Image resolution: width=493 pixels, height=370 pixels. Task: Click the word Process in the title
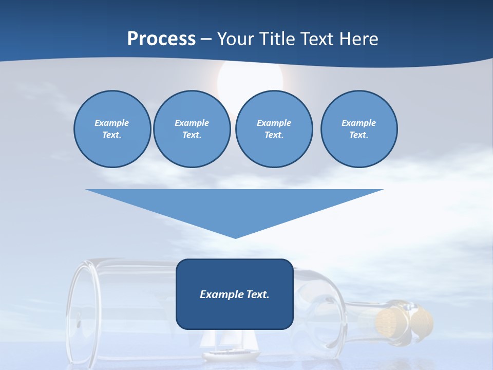[161, 39]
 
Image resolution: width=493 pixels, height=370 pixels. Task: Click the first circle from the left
[112, 129]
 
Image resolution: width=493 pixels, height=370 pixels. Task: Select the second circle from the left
[192, 129]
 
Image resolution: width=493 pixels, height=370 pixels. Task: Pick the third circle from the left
[274, 129]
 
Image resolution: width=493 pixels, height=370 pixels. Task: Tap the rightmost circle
[358, 129]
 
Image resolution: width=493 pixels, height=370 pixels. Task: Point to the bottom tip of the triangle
[235, 237]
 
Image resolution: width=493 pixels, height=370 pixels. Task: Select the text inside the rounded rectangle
[235, 294]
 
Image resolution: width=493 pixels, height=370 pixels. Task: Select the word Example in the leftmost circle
[112, 123]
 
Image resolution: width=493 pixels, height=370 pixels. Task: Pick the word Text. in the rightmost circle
[358, 135]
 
